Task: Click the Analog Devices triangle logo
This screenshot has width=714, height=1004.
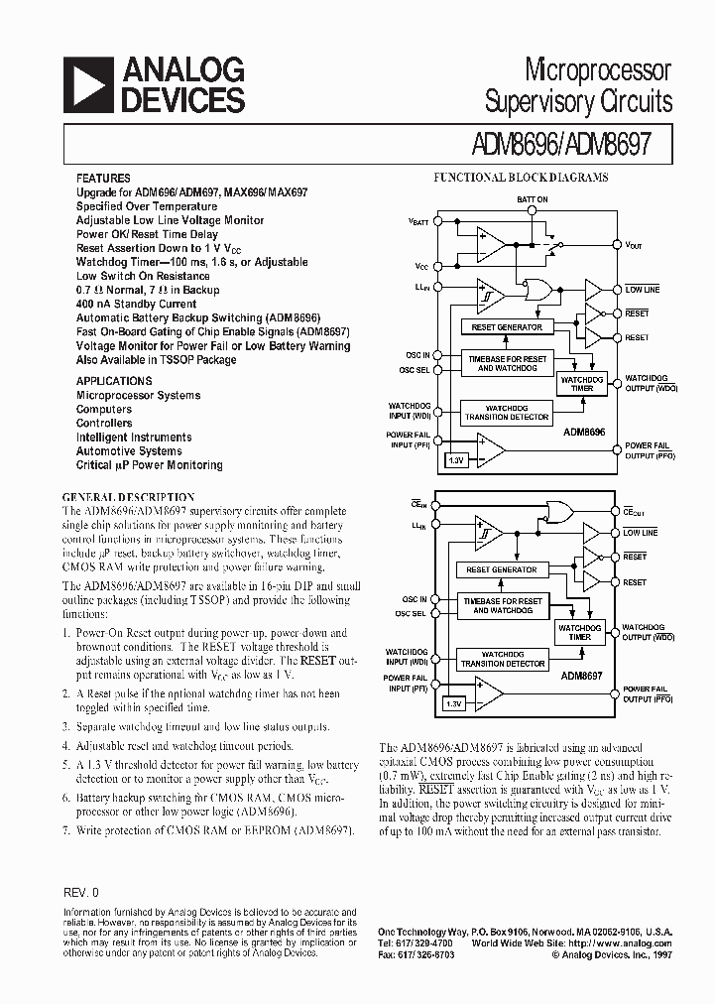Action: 86,85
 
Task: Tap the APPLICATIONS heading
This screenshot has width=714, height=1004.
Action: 114,381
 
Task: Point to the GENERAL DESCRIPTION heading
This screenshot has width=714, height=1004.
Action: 129,497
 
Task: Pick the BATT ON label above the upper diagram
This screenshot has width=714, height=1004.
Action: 532,199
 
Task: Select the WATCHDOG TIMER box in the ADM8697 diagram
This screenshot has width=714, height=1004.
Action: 581,632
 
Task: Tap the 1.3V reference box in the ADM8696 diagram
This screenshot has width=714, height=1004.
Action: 456,460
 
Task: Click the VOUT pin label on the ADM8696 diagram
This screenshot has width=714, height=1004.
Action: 636,243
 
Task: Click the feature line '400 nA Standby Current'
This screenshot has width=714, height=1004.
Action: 136,304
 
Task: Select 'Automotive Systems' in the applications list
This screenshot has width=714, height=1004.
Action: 129,451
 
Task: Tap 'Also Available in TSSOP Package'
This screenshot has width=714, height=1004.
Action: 156,360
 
